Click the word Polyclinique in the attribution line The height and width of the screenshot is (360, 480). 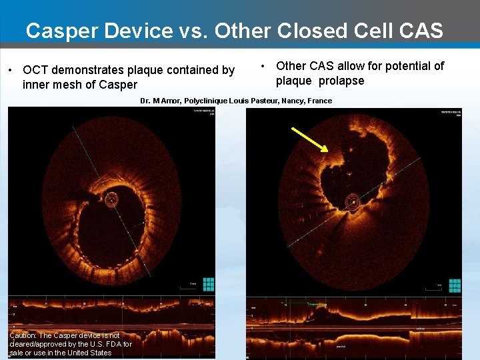tap(206, 101)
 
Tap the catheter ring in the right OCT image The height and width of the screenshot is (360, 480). tap(352, 201)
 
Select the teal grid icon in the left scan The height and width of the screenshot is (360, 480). tap(209, 285)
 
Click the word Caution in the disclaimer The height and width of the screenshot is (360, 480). tap(23, 335)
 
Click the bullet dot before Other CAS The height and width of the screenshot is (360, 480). tap(264, 66)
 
